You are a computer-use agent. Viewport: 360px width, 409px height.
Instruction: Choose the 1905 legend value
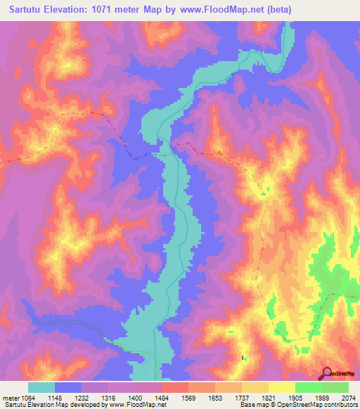tap(295, 398)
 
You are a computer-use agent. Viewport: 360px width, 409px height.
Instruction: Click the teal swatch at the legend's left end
tap(41, 387)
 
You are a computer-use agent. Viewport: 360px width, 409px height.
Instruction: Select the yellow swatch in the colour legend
tap(282, 387)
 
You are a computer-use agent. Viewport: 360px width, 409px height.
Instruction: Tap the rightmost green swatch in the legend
tap(335, 387)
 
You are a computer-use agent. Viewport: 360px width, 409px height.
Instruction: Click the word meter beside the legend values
tap(9, 398)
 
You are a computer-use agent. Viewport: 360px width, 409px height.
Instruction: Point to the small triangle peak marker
tap(219, 150)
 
